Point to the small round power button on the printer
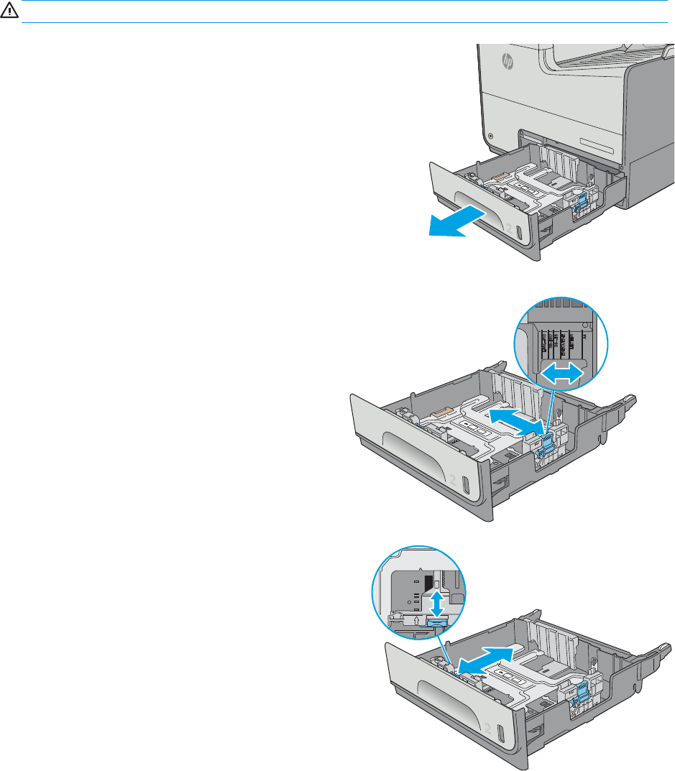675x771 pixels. point(490,135)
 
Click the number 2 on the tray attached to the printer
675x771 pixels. point(511,228)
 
